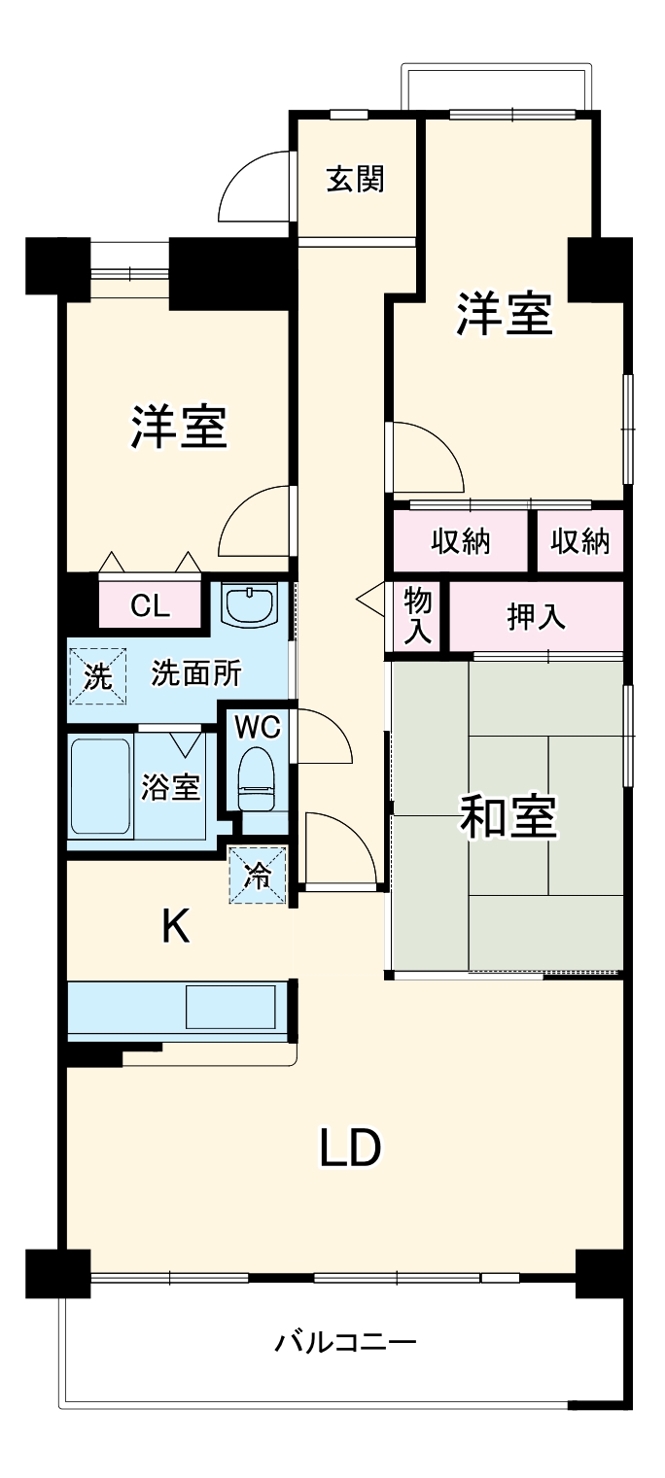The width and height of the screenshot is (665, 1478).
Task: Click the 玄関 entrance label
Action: [355, 179]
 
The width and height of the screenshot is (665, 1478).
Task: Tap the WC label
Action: [258, 726]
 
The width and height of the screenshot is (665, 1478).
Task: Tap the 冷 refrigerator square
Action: [258, 876]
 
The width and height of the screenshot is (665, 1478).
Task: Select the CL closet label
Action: [151, 606]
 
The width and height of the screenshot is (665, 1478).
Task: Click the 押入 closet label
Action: [536, 617]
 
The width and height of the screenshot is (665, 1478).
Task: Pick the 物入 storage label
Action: [418, 615]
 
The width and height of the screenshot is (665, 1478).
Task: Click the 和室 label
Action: [507, 816]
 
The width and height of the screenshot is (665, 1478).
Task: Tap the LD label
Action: [350, 1150]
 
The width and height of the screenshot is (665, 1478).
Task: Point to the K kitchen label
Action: [175, 928]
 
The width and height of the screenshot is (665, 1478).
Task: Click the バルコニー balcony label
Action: [345, 1343]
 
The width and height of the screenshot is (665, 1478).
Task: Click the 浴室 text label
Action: [171, 787]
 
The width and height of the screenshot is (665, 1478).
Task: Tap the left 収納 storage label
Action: [461, 541]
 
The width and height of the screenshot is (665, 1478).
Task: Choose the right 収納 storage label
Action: [580, 541]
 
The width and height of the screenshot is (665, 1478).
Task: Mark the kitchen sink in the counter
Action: [229, 1007]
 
